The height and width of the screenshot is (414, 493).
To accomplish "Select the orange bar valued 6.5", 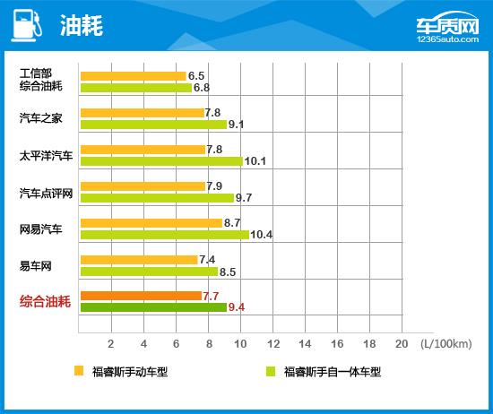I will pos(133,76).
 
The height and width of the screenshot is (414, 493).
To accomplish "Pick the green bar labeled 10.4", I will pos(164,235).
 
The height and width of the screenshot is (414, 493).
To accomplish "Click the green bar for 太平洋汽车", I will pos(161,161).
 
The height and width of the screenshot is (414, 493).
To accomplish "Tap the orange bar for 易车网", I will pos(139,260).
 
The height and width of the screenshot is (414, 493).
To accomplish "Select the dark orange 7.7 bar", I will pos(141,296).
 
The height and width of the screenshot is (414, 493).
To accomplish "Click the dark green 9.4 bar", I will pos(153,307).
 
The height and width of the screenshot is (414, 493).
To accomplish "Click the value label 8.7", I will pos(231,222).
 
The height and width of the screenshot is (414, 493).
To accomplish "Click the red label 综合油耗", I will pos(45,302).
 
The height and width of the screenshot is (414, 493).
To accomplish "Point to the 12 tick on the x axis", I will pos(272,344).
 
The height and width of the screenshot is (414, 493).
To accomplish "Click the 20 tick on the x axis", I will pos(400,344).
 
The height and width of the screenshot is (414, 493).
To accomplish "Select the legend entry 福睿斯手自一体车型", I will pos(332,371).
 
